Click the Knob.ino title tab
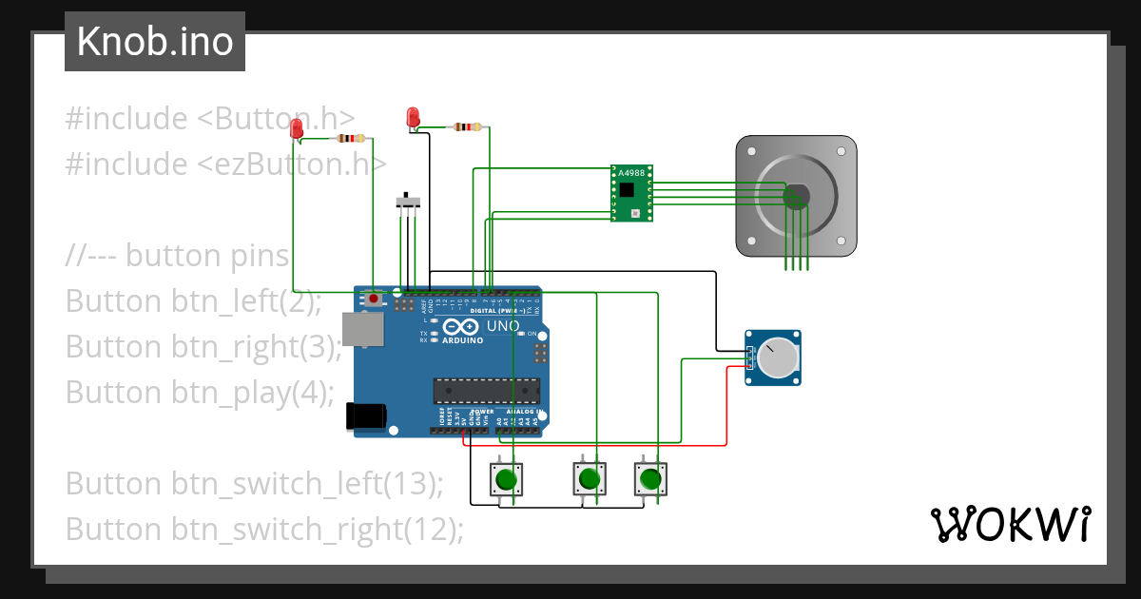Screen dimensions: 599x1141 point(154,42)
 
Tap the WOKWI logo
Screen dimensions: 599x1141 point(1009,524)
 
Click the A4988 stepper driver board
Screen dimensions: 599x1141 point(632,194)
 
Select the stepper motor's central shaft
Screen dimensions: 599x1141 point(797,196)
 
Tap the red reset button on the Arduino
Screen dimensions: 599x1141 point(374,299)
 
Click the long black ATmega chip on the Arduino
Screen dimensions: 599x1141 point(486,391)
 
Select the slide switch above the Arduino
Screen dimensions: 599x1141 point(409,202)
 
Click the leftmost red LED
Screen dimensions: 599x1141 point(297,128)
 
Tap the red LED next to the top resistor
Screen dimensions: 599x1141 point(413,117)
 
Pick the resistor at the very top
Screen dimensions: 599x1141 point(467,126)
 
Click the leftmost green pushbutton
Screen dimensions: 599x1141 point(505,478)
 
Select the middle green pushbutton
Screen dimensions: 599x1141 point(589,478)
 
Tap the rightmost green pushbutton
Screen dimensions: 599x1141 point(650,478)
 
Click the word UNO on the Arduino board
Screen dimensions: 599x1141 point(503,326)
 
